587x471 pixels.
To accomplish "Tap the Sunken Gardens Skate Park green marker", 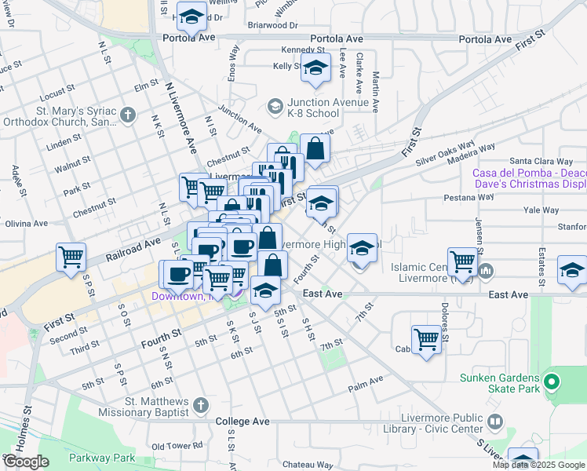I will [x=552, y=383].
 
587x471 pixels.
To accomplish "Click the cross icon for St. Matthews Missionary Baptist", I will [x=201, y=405].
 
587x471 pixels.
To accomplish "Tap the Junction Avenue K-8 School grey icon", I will [x=275, y=105].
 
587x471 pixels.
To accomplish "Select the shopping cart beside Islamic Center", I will [x=463, y=261].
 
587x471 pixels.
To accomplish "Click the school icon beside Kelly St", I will [x=315, y=71].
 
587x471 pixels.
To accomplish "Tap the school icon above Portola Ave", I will [x=191, y=15].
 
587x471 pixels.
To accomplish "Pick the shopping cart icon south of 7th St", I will [x=426, y=339].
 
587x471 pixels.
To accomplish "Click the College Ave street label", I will [x=242, y=422].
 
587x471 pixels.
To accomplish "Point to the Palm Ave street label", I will [x=366, y=383].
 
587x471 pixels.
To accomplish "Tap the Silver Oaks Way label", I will [x=446, y=151].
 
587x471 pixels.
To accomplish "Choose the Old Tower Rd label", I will [x=177, y=445].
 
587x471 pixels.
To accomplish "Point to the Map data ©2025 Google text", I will [x=538, y=465].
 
